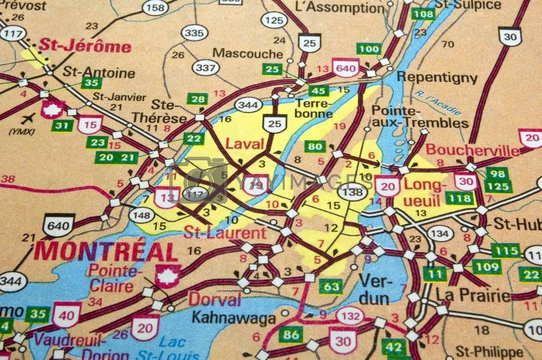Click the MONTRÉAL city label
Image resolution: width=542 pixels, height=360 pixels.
coord(106,252)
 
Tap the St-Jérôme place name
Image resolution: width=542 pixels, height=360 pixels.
coord(85,46)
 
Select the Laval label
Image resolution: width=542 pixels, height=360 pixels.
coord(244,143)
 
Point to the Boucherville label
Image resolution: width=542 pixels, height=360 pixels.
coord(472,150)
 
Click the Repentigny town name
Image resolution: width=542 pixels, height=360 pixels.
coord(437,77)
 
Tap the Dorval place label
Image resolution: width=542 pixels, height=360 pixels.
coord(214,300)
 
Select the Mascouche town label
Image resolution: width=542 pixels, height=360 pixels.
coord(248,53)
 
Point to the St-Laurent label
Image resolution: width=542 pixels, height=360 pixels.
coord(224,233)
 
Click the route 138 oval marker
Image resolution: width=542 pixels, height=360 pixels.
coord(354,191)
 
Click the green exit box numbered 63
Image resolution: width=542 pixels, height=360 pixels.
coord(330,286)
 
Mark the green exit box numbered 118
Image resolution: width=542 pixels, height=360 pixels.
coord(461,199)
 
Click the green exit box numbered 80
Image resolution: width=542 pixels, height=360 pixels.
coord(315,146)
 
